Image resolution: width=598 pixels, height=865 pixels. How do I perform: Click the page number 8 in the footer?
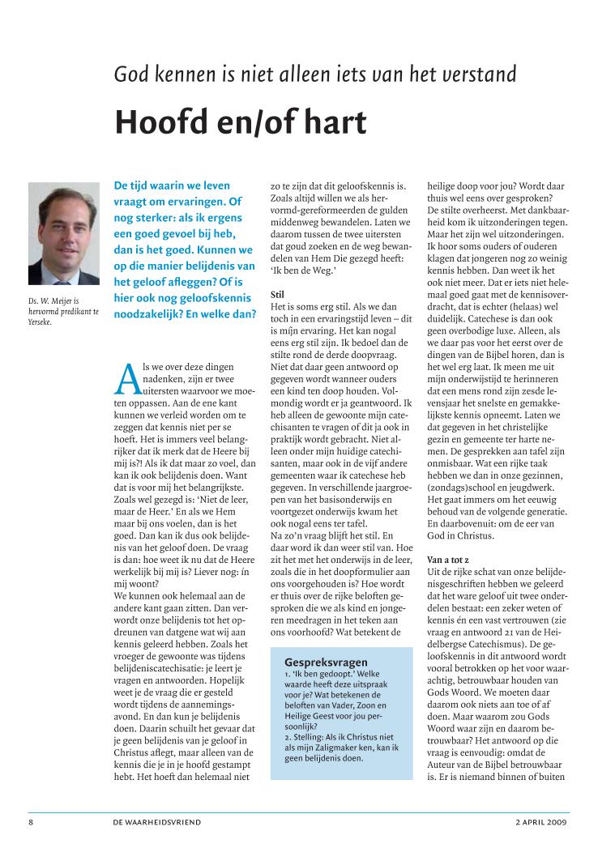pyautogui.click(x=31, y=821)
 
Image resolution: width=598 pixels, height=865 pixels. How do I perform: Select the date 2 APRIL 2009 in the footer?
pyautogui.click(x=541, y=821)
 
